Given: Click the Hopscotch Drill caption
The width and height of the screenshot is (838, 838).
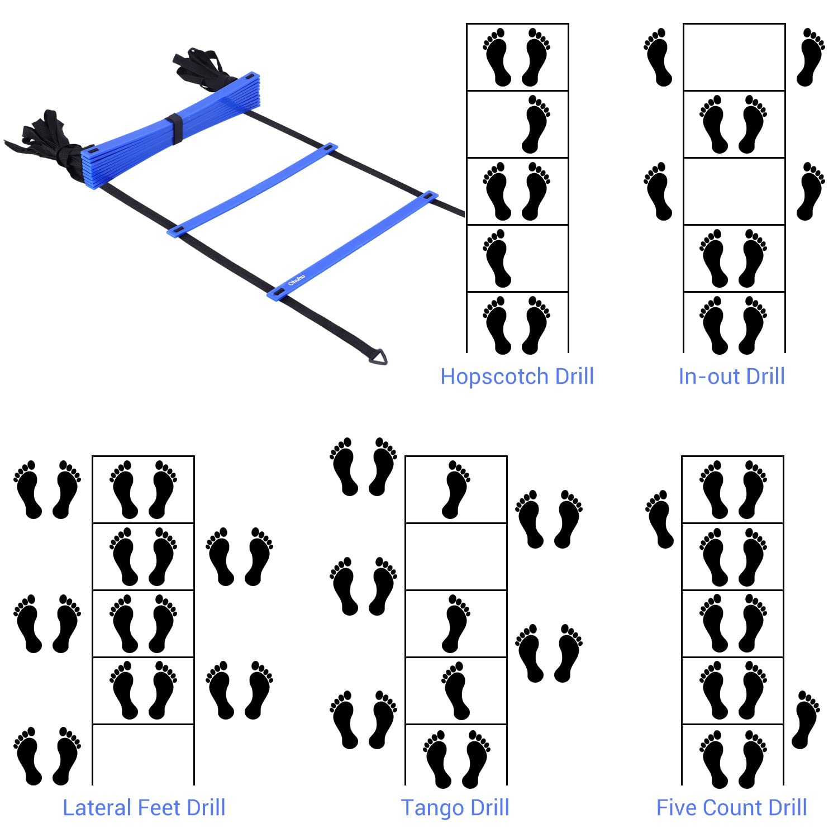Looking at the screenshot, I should (517, 377).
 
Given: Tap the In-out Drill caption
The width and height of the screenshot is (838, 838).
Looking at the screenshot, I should (731, 377).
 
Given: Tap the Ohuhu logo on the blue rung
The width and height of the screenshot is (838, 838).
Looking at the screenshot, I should (297, 280).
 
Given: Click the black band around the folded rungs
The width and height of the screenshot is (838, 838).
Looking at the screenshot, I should (175, 128).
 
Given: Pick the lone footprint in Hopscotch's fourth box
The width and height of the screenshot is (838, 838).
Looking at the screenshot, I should (497, 258).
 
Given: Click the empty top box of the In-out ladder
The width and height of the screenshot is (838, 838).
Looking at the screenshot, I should (734, 57).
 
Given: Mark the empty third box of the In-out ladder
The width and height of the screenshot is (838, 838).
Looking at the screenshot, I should (734, 191).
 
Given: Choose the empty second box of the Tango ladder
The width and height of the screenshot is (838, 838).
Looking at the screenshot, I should (456, 556).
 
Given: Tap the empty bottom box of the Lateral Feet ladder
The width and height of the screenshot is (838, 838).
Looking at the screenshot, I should (143, 754).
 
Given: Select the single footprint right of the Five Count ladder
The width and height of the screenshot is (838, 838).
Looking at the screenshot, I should (805, 720).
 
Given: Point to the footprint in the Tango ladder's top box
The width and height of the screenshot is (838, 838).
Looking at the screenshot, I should (456, 489).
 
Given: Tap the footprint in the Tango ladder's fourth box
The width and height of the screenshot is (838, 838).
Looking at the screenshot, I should (456, 691).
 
